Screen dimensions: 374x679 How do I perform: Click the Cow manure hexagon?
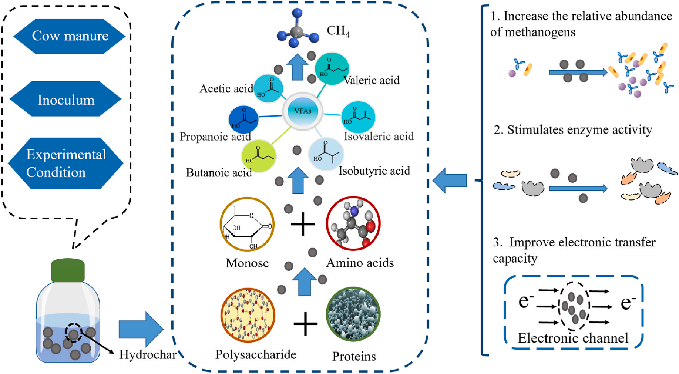click(70, 36)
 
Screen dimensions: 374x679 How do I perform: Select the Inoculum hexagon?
click(65, 100)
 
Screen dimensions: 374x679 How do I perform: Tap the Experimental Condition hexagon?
click(65, 163)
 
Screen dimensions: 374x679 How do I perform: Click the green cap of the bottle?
click(68, 270)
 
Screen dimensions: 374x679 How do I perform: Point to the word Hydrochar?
click(148, 354)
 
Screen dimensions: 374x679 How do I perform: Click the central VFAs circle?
click(303, 111)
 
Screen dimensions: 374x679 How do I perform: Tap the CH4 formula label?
click(338, 31)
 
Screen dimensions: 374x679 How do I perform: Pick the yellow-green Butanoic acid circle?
click(259, 156)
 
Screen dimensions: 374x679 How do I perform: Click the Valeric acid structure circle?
click(332, 68)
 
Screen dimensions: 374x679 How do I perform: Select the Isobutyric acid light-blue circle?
click(326, 154)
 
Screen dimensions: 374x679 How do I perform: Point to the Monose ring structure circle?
click(247, 224)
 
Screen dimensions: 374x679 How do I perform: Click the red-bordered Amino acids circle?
click(353, 223)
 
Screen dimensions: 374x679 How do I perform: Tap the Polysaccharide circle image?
click(248, 315)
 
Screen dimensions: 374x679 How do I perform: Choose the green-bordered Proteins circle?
click(353, 314)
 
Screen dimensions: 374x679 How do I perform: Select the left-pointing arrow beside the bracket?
click(450, 181)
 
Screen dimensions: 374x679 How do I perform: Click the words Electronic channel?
click(572, 338)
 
